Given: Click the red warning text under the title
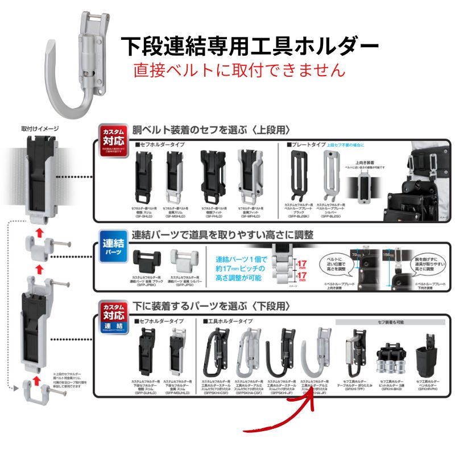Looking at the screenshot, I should tap(239, 70).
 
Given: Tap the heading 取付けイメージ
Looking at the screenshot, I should tap(40, 129).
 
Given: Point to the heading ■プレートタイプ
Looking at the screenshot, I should tap(307, 145).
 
